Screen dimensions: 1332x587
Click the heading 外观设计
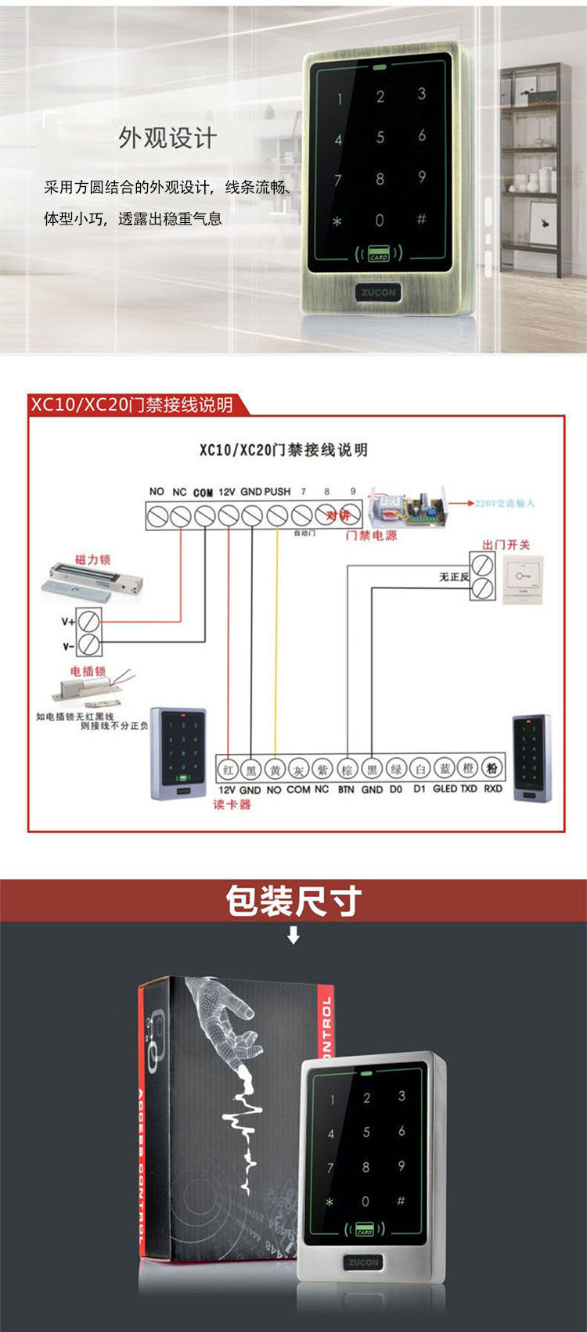coord(167,138)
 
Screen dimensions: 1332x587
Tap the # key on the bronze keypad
coord(421,219)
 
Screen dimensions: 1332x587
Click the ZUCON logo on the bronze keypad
coord(379,292)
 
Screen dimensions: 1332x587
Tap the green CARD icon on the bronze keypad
coord(379,254)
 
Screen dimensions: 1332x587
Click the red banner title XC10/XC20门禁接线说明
coord(131,404)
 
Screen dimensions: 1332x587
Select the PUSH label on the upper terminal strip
coord(277,492)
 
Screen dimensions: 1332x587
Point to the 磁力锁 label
coord(92,559)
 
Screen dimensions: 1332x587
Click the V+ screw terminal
coord(90,621)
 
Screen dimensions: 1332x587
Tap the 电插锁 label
coord(88,671)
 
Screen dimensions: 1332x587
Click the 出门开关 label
coord(506,544)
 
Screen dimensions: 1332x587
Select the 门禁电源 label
coord(371,536)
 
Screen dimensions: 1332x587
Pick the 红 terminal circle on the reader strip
coord(227,770)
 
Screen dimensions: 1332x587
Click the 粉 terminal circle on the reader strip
coord(492,769)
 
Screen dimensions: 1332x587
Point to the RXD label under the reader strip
coord(492,789)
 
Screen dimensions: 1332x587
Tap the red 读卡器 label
coord(232,804)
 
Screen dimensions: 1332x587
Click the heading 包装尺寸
coord(293,900)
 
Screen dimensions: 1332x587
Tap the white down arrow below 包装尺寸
coord(293,935)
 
